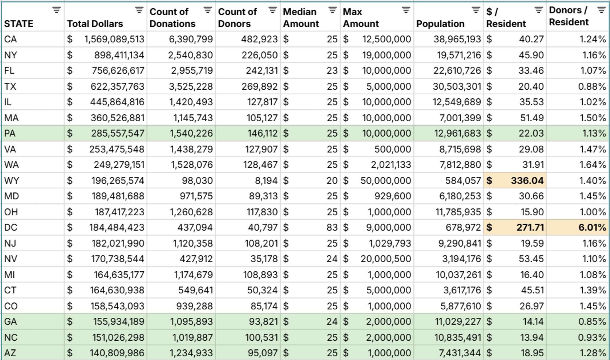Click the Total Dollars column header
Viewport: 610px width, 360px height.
(95, 24)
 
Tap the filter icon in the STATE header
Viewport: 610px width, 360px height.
(56, 10)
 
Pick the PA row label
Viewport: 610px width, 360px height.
(10, 133)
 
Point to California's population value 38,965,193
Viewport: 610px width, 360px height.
(457, 39)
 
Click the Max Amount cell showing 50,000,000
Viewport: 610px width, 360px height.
(386, 180)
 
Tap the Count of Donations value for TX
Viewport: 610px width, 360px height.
(190, 86)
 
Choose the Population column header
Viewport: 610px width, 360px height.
(440, 24)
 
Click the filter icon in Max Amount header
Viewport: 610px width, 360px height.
(406, 10)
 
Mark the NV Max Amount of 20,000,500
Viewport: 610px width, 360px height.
(386, 259)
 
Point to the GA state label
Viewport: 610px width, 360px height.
(11, 321)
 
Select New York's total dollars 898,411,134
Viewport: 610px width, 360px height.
(119, 55)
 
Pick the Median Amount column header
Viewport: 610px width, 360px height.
(301, 18)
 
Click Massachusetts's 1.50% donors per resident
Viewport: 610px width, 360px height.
(593, 118)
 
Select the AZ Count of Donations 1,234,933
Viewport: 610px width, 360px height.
(190, 353)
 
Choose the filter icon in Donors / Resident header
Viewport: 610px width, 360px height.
(602, 10)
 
